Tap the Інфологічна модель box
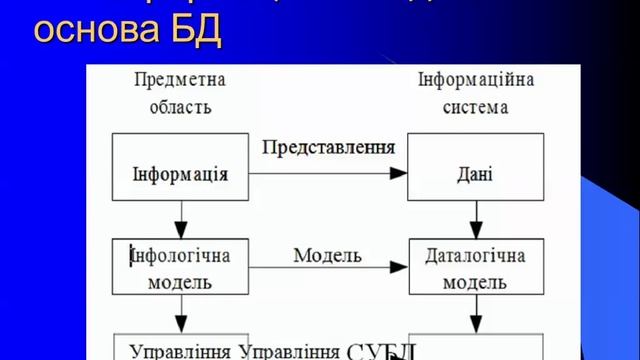point(180,267)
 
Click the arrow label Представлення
point(329,147)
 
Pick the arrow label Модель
point(327,255)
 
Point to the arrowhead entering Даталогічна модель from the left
point(401,267)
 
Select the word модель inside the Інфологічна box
point(179,281)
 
